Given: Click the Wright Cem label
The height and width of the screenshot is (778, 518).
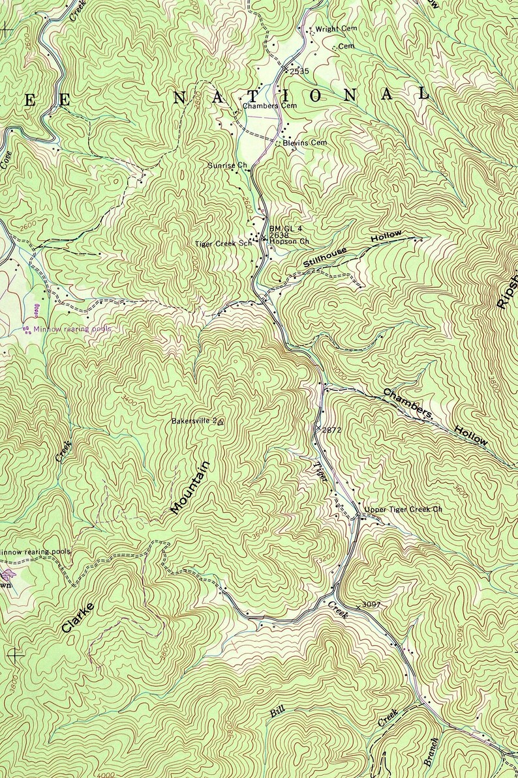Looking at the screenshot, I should (331, 30).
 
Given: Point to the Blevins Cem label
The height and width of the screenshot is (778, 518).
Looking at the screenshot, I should (305, 143).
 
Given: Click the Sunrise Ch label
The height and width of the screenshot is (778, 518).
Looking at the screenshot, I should (226, 166).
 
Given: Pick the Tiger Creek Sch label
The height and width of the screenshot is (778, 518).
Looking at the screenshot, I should (222, 244).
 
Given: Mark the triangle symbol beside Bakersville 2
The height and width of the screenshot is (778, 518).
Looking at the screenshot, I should (221, 422).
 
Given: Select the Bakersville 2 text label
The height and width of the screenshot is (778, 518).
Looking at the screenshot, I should (193, 421).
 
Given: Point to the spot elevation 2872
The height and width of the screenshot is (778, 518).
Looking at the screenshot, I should (331, 430).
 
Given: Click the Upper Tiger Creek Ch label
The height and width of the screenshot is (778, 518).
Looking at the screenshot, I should (403, 509).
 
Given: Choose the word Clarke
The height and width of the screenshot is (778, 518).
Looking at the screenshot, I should (78, 618).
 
